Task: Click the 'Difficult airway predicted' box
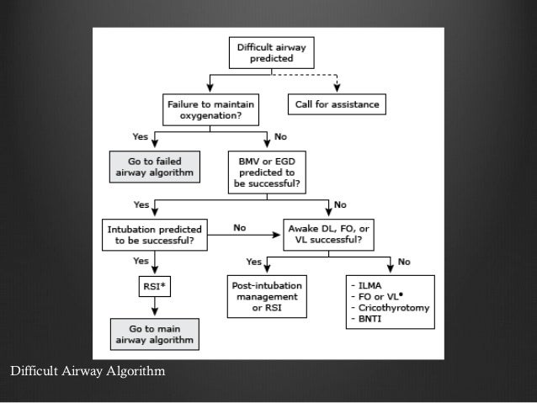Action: point(272,54)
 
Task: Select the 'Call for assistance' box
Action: point(337,106)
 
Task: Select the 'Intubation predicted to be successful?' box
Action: point(154,233)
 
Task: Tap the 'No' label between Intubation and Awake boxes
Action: point(239,227)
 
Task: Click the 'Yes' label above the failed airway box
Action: point(140,135)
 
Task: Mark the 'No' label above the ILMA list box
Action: point(405,261)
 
